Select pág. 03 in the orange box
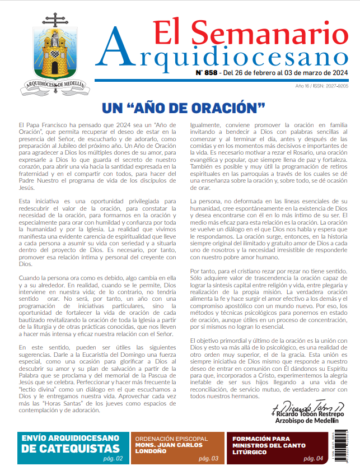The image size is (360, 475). click(x=208, y=459)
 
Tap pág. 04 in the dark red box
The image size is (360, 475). click(x=313, y=459)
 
